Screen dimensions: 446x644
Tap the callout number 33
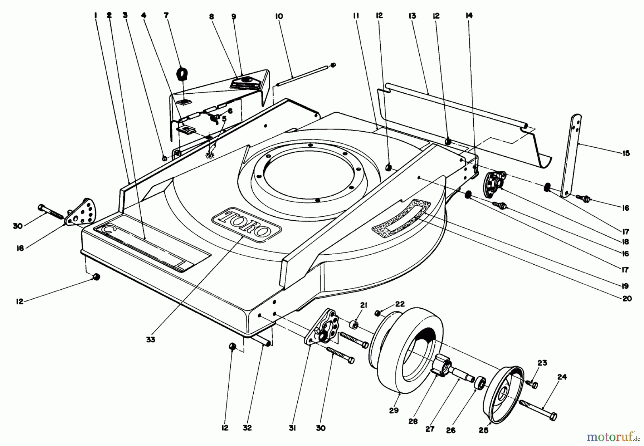click(151, 339)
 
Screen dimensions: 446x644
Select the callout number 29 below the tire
click(394, 410)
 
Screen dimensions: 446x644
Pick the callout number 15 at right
click(626, 153)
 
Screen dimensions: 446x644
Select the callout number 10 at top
click(279, 16)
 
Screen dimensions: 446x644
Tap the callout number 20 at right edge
click(627, 299)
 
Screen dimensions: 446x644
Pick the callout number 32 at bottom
click(247, 428)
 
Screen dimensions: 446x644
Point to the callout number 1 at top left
click(96, 15)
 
